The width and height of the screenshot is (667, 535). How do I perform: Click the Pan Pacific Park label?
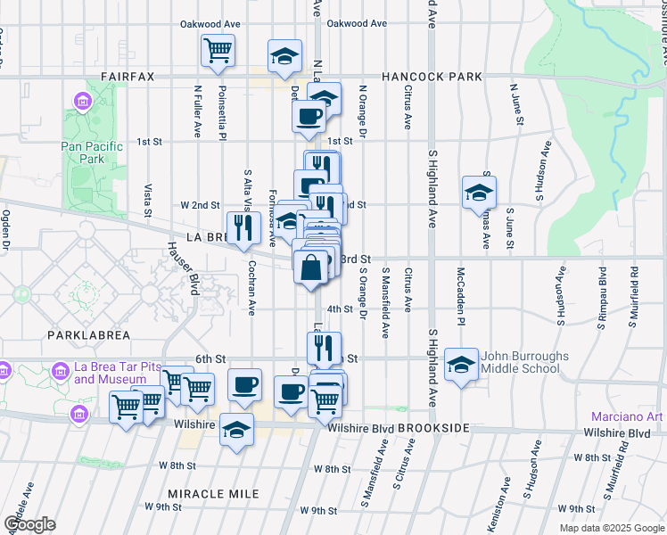82,152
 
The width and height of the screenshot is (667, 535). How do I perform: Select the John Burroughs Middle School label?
525,362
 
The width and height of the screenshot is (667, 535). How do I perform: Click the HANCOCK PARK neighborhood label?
432,78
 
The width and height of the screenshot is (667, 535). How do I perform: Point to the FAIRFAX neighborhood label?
128,78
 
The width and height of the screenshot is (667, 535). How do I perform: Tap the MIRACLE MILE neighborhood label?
213,494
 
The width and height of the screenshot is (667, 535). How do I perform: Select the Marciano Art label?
627,417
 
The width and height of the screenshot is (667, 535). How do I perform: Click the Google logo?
29,524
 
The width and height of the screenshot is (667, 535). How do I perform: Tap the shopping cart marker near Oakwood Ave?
218,51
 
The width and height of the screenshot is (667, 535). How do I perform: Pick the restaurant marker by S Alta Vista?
243,227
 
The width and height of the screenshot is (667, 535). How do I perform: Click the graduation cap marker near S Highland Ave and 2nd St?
479,193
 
